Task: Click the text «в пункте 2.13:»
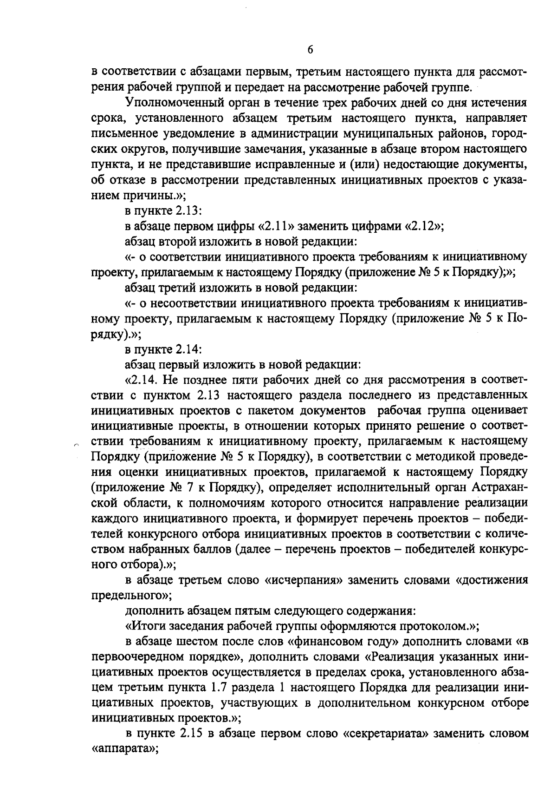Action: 162,211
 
